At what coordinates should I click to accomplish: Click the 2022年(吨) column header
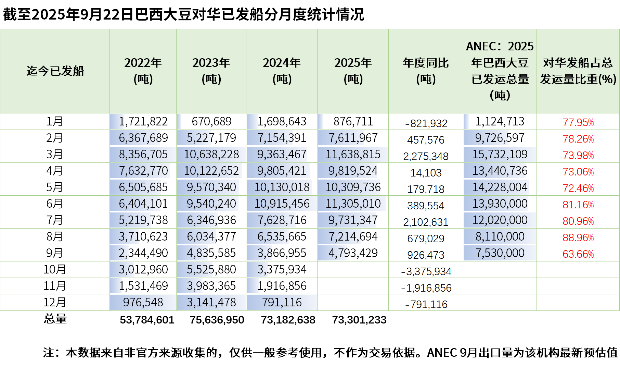[x=143, y=71]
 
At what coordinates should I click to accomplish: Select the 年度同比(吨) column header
[x=426, y=71]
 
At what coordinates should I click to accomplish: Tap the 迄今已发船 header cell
[x=55, y=71]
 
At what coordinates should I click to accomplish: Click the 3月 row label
[x=55, y=154]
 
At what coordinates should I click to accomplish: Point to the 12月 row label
[x=55, y=302]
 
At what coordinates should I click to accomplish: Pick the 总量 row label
[x=55, y=319]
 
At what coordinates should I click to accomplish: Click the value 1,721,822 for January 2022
[x=143, y=121]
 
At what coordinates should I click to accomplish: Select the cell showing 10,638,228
[x=211, y=154]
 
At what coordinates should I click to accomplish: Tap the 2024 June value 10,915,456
[x=282, y=204]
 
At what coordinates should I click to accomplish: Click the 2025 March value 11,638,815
[x=353, y=154]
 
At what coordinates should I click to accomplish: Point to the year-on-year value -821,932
[x=426, y=123]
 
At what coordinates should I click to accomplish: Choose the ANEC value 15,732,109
[x=500, y=154]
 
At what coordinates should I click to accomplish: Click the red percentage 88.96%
[x=578, y=237]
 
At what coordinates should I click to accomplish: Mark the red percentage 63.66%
[x=578, y=254]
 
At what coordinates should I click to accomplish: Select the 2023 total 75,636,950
[x=217, y=320]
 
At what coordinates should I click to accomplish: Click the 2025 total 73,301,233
[x=359, y=320]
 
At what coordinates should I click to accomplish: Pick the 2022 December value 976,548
[x=143, y=302]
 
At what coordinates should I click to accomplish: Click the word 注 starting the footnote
[x=48, y=353]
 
